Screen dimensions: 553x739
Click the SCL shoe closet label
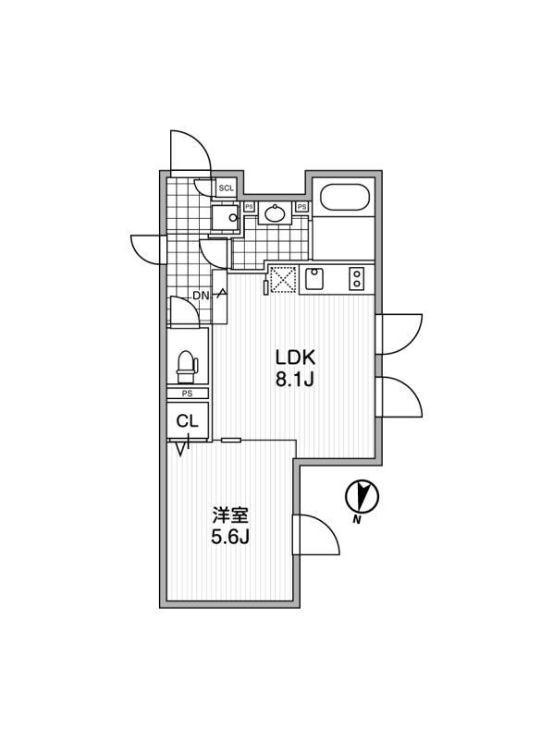coord(226,188)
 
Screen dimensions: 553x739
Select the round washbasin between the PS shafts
coord(275,214)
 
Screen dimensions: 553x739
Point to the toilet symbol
coord(188,365)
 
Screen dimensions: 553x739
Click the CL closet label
coord(188,421)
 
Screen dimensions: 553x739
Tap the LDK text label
coord(295,358)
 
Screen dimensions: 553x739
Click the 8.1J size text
coord(295,380)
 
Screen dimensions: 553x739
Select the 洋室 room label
coord(229,515)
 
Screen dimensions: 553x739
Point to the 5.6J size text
coord(229,537)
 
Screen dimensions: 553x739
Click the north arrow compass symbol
coord(363,496)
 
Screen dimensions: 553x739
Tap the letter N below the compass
coord(357,520)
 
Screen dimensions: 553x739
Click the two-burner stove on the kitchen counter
coord(357,279)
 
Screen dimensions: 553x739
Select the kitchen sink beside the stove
coord(313,279)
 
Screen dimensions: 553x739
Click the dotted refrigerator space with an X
coord(283,280)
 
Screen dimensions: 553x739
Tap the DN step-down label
coord(201,296)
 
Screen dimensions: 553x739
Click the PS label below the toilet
coord(188,394)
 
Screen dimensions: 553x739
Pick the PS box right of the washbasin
coord(301,206)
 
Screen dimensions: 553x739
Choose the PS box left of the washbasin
coord(249,206)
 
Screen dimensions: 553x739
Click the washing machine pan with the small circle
coord(226,218)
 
